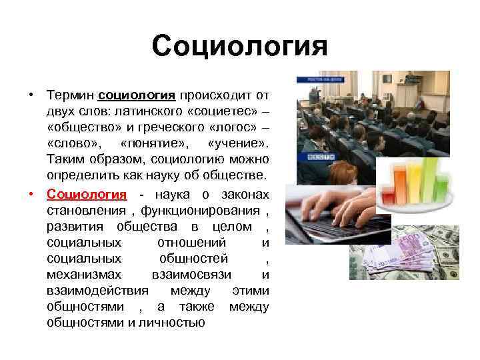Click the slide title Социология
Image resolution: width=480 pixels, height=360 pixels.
(x=240, y=47)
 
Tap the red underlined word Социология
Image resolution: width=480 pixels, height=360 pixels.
(x=87, y=194)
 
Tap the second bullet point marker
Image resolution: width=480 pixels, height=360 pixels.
(x=31, y=194)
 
